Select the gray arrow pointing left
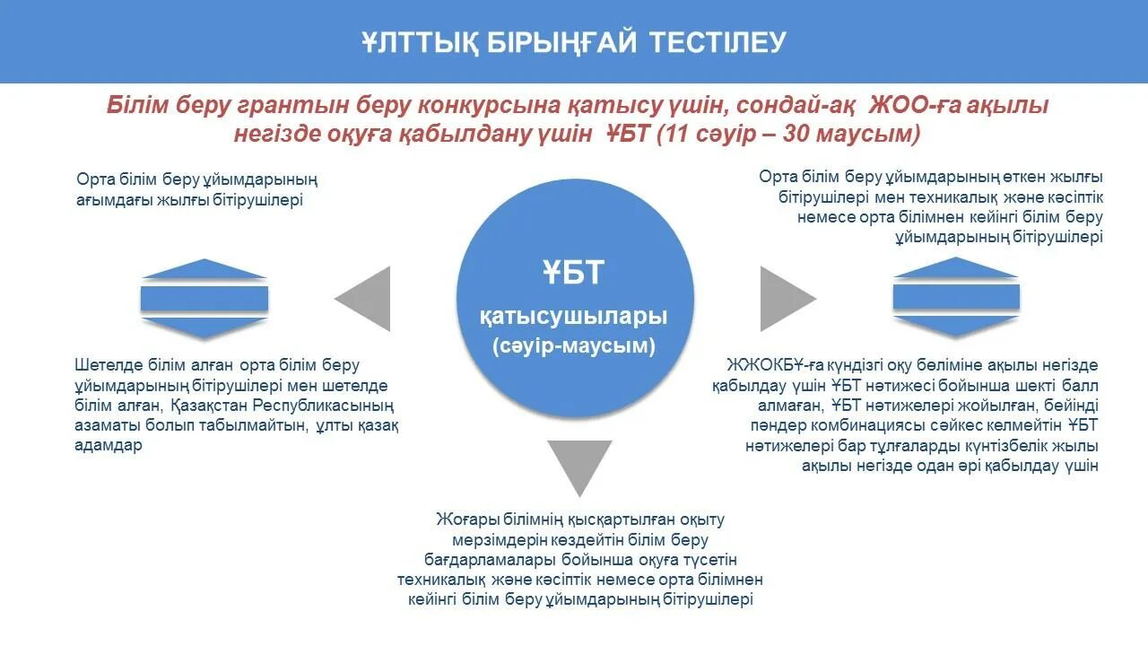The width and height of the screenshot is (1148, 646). click(x=366, y=299)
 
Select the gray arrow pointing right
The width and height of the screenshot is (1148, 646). click(x=785, y=299)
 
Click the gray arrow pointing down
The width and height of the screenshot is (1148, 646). click(x=579, y=465)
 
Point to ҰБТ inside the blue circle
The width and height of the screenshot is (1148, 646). click(x=574, y=273)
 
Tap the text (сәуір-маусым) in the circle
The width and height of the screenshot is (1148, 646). click(x=574, y=345)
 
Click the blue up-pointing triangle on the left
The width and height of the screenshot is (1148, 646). click(x=204, y=268)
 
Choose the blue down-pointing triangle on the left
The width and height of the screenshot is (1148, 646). click(x=204, y=328)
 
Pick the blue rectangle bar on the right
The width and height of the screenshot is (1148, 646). click(x=956, y=297)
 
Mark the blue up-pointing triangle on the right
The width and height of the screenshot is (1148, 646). click(x=956, y=267)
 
